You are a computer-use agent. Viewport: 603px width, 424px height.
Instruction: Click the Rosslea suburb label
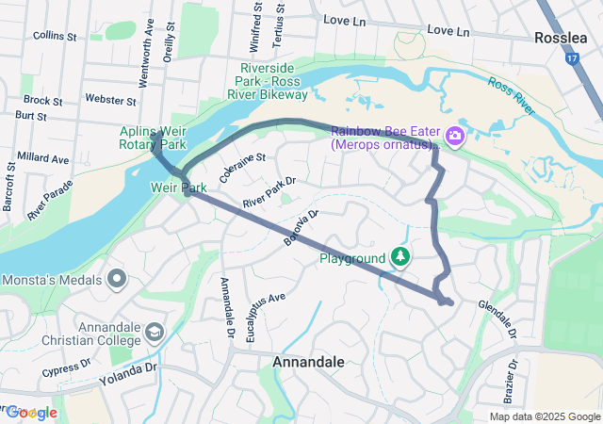point(562,38)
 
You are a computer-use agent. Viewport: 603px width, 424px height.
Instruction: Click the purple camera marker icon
point(455,138)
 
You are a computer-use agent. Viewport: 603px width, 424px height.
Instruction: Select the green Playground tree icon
point(400,256)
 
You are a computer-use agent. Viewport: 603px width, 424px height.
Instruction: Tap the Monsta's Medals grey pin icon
point(117,279)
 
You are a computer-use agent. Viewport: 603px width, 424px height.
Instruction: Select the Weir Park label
point(172,188)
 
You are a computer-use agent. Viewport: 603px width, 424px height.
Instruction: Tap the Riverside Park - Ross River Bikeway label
point(273,82)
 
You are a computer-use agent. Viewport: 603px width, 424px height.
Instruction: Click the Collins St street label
point(55,36)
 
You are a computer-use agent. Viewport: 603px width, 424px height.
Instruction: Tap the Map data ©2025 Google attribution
point(544,416)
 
